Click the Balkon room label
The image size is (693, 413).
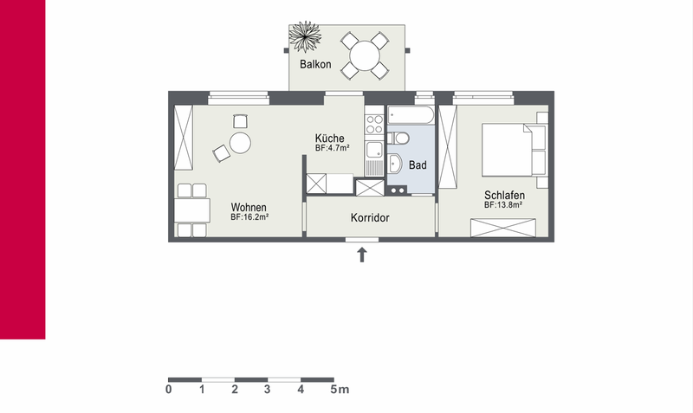[315, 64]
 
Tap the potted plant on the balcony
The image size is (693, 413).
[305, 36]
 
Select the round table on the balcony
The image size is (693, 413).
[365, 55]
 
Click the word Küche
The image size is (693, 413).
[329, 138]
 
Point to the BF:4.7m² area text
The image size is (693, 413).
[333, 148]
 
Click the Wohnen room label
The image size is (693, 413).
[249, 207]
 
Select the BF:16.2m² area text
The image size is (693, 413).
[249, 217]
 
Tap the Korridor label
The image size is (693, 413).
[370, 218]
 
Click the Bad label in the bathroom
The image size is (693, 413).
[418, 165]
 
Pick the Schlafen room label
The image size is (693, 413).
[504, 195]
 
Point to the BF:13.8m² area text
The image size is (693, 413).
[503, 205]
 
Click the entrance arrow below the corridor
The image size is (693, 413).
[362, 255]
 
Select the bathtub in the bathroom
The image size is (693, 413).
[411, 115]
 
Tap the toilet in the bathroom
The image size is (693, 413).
[398, 138]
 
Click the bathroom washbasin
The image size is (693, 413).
[394, 165]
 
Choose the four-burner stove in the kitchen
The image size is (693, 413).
[374, 124]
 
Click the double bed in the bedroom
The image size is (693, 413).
[508, 150]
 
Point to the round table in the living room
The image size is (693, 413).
[240, 143]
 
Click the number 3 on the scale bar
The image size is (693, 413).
[268, 390]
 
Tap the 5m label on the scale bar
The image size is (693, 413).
[340, 390]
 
